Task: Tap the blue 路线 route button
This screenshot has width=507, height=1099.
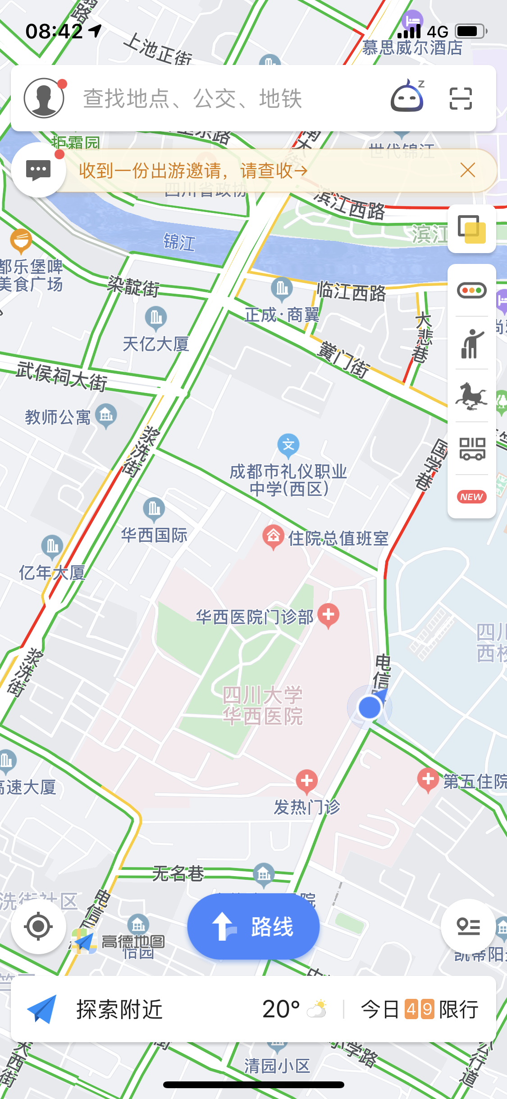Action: pyautogui.click(x=253, y=927)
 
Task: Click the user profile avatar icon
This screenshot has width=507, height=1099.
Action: pyautogui.click(x=44, y=98)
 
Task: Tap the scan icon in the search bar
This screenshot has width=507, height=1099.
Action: pyautogui.click(x=461, y=98)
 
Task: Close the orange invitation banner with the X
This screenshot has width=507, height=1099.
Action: pyautogui.click(x=468, y=171)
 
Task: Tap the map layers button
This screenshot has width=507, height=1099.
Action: pyautogui.click(x=471, y=229)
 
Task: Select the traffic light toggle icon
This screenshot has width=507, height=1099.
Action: pyautogui.click(x=471, y=290)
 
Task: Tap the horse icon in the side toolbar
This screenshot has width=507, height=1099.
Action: pyautogui.click(x=471, y=396)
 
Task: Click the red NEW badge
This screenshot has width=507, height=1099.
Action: pyautogui.click(x=471, y=497)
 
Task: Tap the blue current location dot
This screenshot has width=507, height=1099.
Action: pyautogui.click(x=370, y=707)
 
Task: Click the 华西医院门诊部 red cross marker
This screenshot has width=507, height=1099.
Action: pyautogui.click(x=329, y=615)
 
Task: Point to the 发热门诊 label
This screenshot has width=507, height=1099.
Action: pyautogui.click(x=307, y=807)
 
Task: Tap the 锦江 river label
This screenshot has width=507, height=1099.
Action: pyautogui.click(x=179, y=242)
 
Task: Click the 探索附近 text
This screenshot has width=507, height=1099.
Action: pyautogui.click(x=119, y=1010)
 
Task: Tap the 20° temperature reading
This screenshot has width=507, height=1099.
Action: pyautogui.click(x=281, y=1010)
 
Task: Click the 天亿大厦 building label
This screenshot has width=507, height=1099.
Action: pyautogui.click(x=156, y=344)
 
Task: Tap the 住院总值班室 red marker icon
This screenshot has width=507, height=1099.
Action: pyautogui.click(x=273, y=536)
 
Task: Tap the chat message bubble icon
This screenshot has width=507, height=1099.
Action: pyautogui.click(x=38, y=170)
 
